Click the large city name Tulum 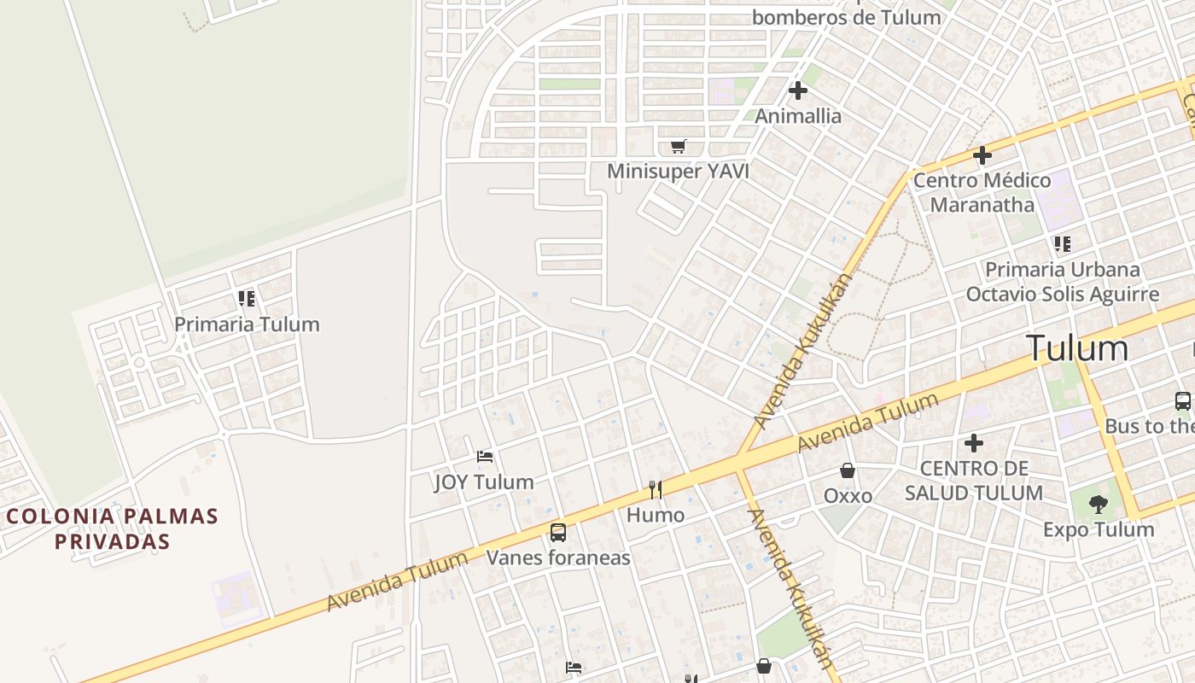click(1077, 348)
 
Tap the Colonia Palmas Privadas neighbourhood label click(113, 528)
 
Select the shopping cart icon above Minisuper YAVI click(678, 147)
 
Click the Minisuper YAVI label click(678, 172)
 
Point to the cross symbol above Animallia click(798, 90)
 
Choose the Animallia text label click(798, 116)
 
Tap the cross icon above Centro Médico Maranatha click(982, 156)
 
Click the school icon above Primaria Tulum click(247, 299)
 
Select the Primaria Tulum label click(247, 324)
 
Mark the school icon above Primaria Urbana click(1063, 244)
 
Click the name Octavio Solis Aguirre click(1063, 295)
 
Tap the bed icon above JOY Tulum click(485, 457)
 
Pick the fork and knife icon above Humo click(656, 489)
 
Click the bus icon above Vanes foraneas click(558, 533)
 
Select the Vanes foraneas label click(558, 558)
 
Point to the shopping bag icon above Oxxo click(848, 470)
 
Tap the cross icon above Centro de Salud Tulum click(974, 443)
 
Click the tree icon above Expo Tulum click(1099, 505)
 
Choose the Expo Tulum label click(1099, 530)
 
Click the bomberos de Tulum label click(846, 16)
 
